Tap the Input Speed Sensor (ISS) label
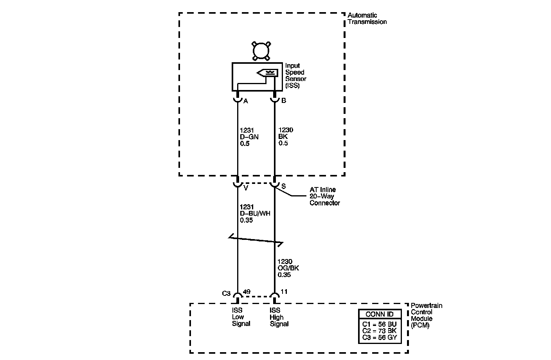[295, 76]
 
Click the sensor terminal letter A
[246, 101]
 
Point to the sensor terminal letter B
[284, 101]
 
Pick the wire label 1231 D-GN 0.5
[249, 137]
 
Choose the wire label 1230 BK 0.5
[286, 137]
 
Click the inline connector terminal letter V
[246, 188]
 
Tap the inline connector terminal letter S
[283, 186]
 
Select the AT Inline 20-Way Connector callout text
[324, 196]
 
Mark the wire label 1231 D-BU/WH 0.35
[255, 213]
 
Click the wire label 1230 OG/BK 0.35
[288, 268]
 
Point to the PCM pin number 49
[247, 292]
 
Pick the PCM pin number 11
[284, 292]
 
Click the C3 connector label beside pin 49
[226, 293]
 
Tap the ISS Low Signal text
[241, 317]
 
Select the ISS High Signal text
[279, 317]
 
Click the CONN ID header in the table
[380, 314]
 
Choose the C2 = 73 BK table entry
[379, 331]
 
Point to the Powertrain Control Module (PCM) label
[426, 315]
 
